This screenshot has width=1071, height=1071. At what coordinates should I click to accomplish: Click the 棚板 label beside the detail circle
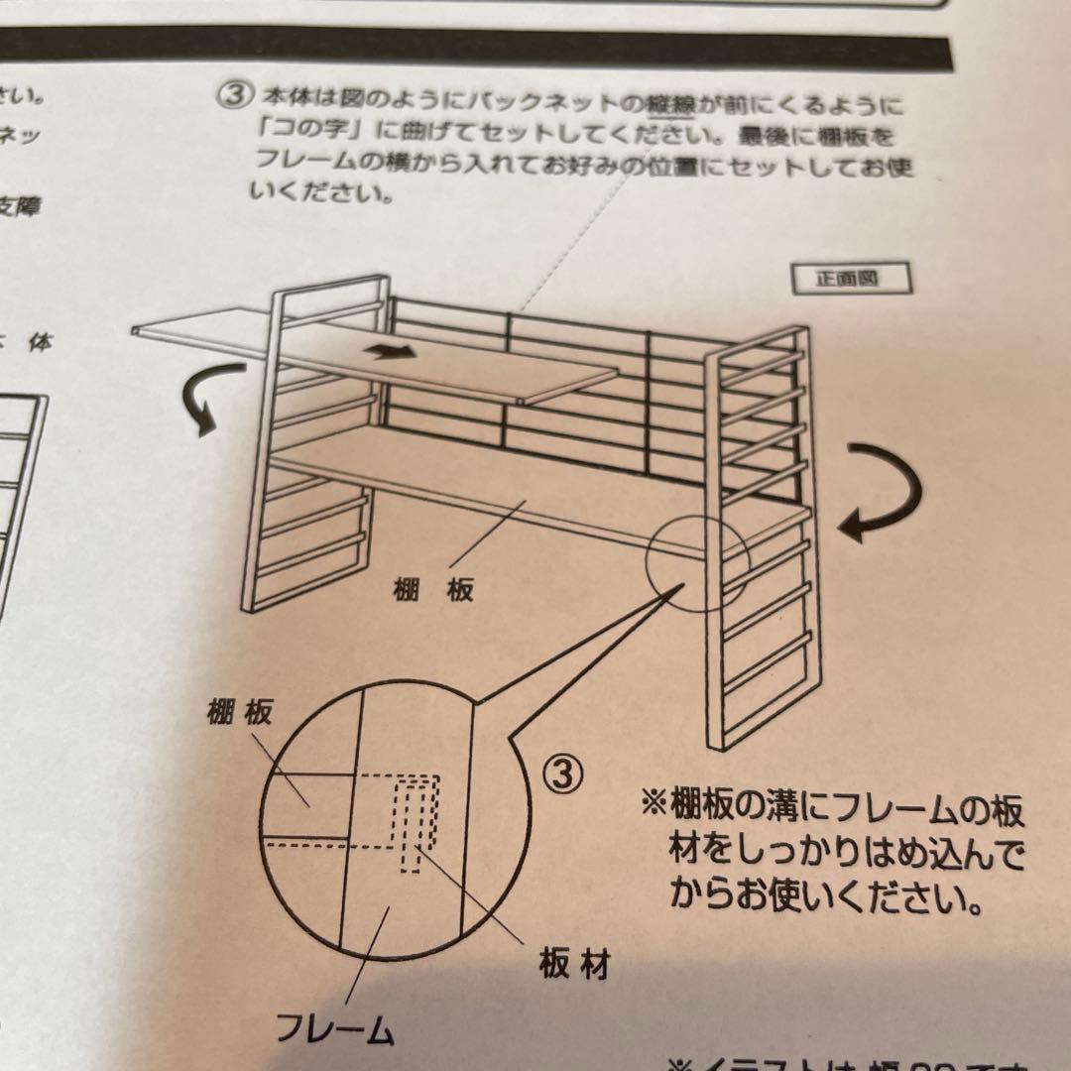pyautogui.click(x=239, y=713)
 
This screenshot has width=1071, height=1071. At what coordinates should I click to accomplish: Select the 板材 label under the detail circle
pyautogui.click(x=573, y=964)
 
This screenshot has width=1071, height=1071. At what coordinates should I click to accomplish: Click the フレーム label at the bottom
pyautogui.click(x=335, y=1029)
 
